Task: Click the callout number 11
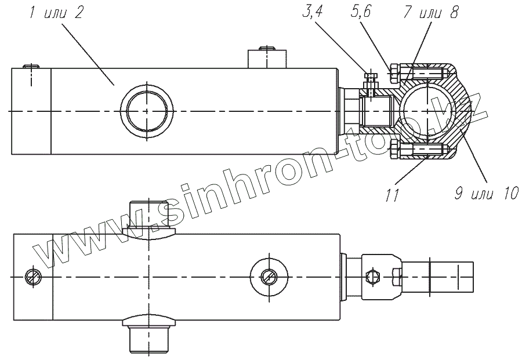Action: click(x=393, y=195)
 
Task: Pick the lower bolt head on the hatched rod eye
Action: click(x=394, y=151)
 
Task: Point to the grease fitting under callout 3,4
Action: click(x=370, y=78)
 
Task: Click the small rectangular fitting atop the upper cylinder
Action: click(x=266, y=59)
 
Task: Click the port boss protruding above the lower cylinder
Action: click(x=148, y=219)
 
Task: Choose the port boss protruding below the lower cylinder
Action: click(x=148, y=336)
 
